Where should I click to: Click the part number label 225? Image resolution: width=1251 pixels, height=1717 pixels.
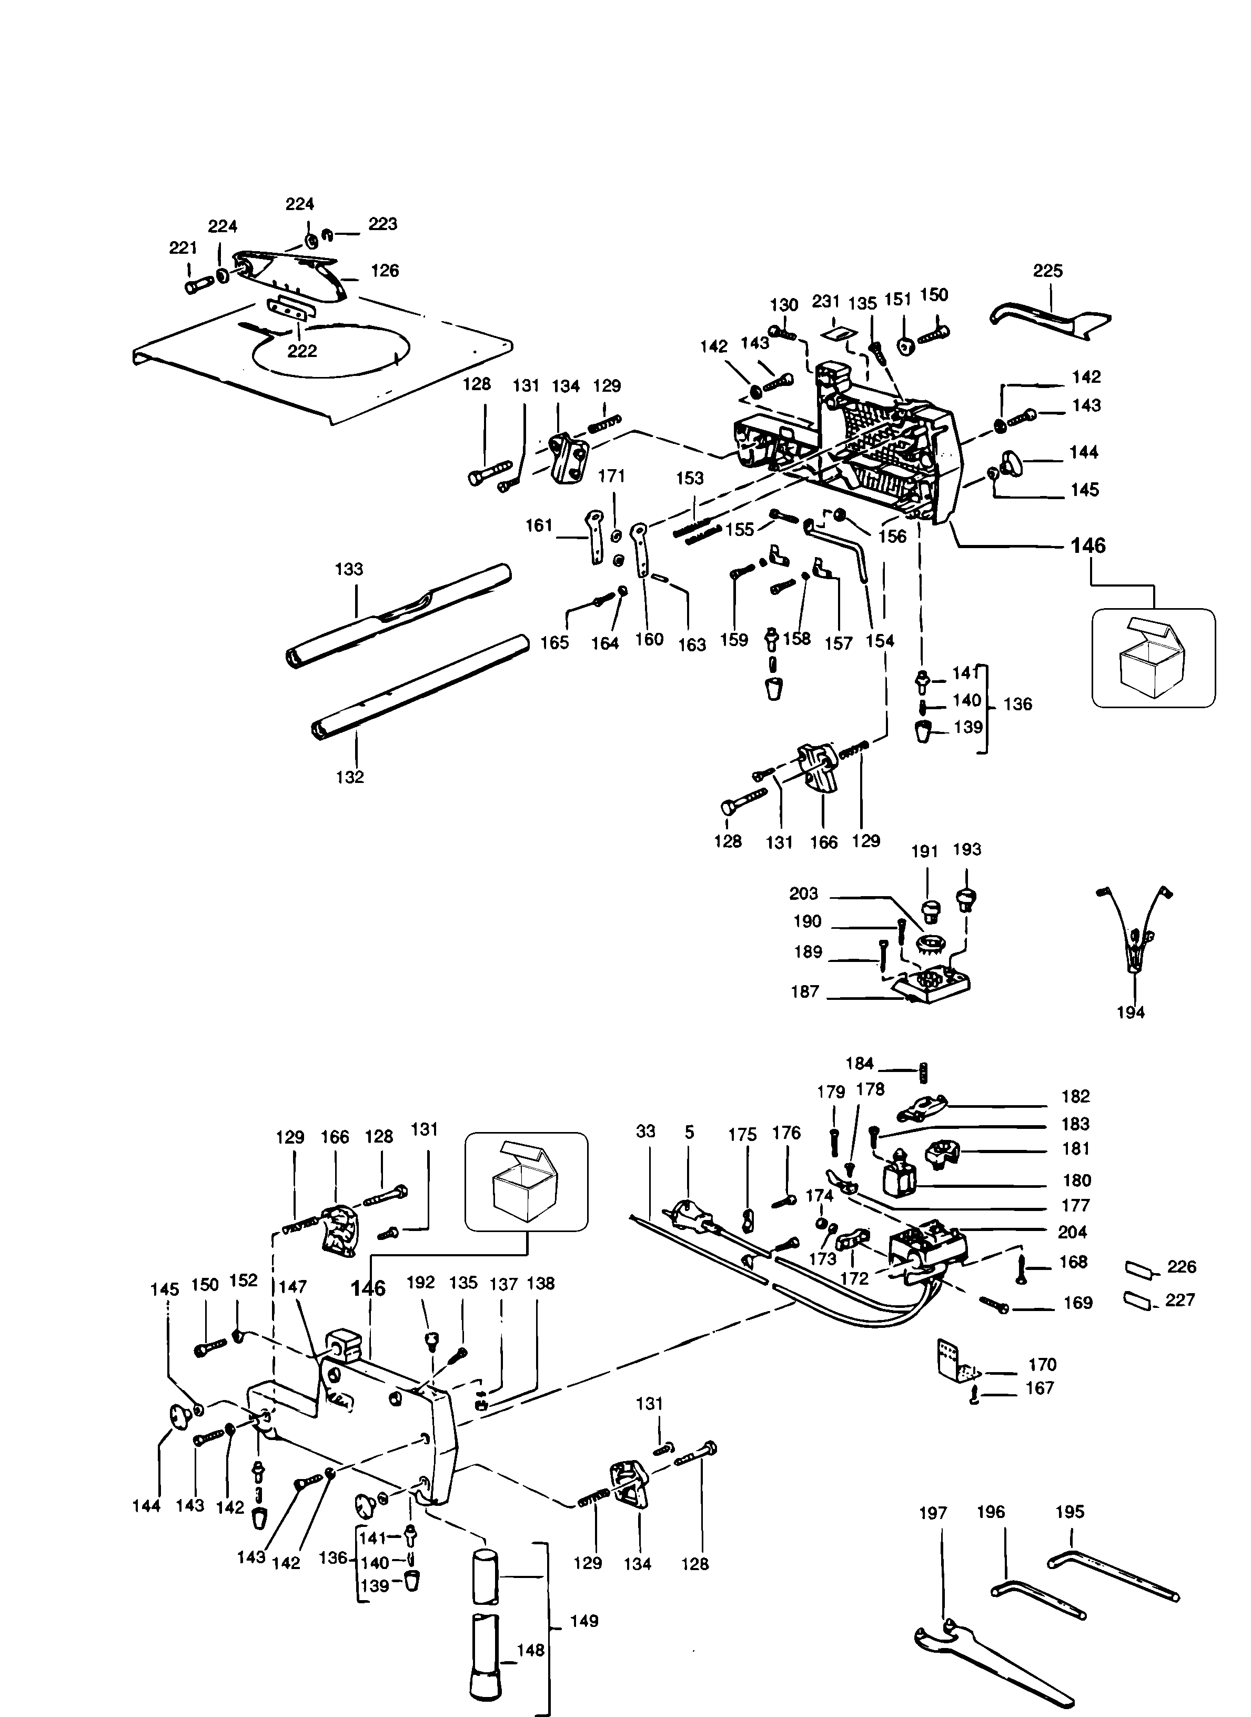pyautogui.click(x=1047, y=271)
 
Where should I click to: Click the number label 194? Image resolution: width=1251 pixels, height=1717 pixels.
pyautogui.click(x=1131, y=1013)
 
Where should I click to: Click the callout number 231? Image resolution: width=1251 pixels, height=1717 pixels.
pyautogui.click(x=826, y=302)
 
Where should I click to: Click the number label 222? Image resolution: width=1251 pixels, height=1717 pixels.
pyautogui.click(x=301, y=351)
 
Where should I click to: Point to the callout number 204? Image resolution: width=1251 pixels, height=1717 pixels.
pyautogui.click(x=1072, y=1232)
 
